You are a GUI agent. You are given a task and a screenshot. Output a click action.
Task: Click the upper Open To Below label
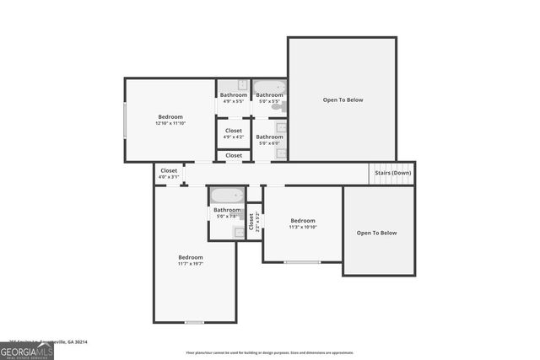[343, 100]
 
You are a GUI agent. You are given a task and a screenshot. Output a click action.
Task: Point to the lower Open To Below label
[376, 233]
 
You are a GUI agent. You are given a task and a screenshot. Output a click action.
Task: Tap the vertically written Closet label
[251, 221]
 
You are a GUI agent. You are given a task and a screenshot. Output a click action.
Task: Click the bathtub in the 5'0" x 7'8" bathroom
[227, 195]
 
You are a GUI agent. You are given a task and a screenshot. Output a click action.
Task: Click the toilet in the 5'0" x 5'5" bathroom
[283, 106]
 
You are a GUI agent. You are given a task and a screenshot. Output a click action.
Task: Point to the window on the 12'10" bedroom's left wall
[126, 120]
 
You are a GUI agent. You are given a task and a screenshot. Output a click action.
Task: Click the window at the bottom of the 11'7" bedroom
[195, 322]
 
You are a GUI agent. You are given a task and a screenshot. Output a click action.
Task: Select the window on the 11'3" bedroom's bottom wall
[301, 262]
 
